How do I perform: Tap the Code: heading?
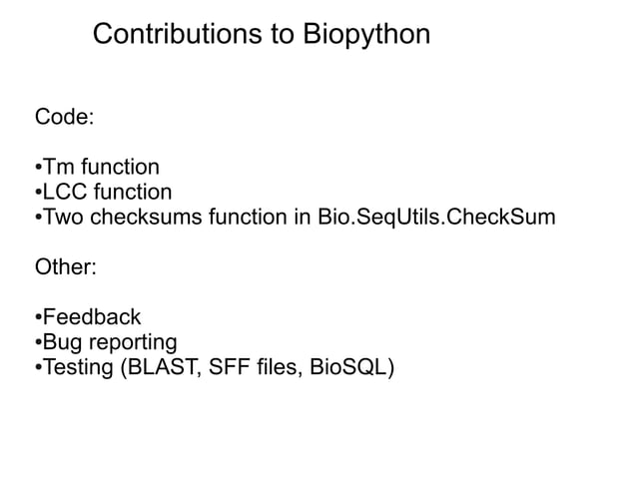pos(65,118)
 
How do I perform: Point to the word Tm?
pos(59,167)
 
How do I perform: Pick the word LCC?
pos(66,192)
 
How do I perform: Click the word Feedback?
pos(91,318)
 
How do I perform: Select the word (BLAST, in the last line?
pos(162,369)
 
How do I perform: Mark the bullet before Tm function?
pos(38,167)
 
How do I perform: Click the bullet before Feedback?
pos(38,318)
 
